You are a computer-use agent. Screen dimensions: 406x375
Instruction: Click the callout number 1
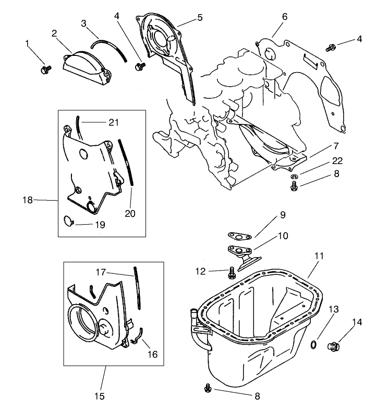pos(28,44)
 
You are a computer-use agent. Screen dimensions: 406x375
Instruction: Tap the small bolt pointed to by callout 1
pos(45,68)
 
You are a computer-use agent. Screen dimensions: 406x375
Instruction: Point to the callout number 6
pos(284,17)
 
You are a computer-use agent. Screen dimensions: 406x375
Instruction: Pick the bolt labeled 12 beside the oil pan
pos(231,272)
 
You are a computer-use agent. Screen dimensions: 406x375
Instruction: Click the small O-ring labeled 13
pos(312,344)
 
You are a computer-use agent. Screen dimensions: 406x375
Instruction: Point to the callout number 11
pos(319,256)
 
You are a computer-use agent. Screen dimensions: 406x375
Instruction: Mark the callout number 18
pos(28,200)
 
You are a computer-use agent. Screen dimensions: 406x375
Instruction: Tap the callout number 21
pos(114,122)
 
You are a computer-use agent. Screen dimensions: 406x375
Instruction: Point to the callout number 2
pos(54,33)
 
